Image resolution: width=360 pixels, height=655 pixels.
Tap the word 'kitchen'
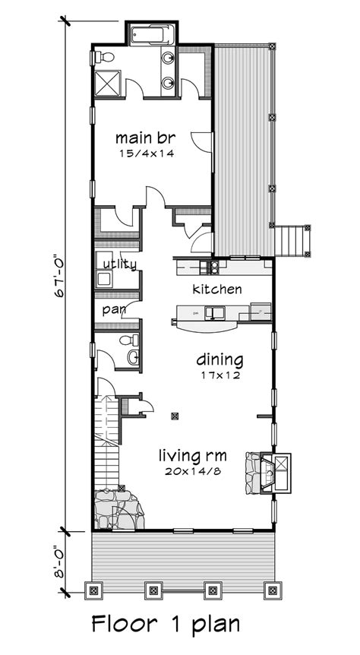[x=217, y=290]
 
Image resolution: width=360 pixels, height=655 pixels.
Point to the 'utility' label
[x=120, y=264]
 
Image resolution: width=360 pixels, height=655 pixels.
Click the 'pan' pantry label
[x=114, y=310]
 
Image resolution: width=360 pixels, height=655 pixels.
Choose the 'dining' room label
[x=219, y=359]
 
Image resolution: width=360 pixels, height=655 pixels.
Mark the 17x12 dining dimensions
[x=219, y=374]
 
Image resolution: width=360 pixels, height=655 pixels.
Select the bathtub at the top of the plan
[x=152, y=34]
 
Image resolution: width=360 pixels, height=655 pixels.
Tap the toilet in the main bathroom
[x=106, y=57]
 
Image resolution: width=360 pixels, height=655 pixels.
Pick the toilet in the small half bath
[x=134, y=340]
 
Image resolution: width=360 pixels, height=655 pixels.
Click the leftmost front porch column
[x=93, y=588]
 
